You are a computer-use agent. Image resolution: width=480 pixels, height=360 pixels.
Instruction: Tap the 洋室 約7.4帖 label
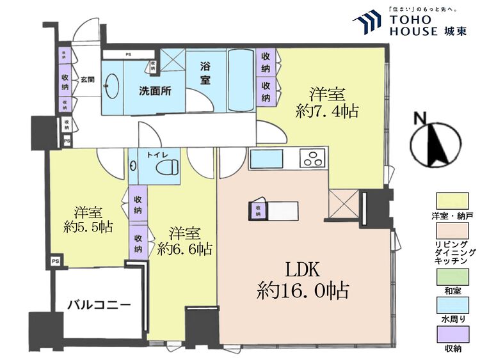point(326,102)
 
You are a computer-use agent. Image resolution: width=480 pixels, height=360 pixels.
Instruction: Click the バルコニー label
point(99,304)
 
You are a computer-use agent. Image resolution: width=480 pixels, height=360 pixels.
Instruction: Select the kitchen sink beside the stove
point(263,159)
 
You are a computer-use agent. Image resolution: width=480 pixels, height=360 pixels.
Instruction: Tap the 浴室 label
point(205,73)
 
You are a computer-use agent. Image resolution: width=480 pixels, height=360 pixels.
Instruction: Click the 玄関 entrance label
point(88,80)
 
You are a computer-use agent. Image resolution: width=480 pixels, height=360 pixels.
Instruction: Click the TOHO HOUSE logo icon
point(367,22)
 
